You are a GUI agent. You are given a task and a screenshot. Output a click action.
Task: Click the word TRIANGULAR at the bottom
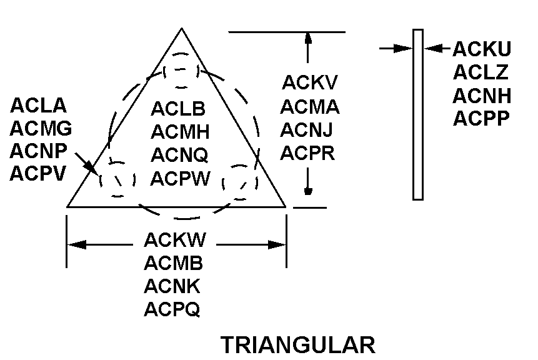coord(297,345)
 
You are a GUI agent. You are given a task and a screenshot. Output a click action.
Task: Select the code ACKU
coord(482,49)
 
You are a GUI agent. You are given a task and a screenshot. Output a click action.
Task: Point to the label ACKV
coord(309,82)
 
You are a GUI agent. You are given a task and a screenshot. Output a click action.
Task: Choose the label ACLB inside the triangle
coord(178,109)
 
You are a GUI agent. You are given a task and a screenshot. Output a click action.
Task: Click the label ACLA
coord(38,106)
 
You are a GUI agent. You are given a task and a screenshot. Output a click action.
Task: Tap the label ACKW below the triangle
coord(174,240)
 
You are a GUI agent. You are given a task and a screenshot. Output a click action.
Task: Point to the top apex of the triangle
coord(182,29)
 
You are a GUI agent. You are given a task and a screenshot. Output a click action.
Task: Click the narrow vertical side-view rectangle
coord(418,114)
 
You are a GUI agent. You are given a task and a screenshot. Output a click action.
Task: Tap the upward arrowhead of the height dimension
coord(307,38)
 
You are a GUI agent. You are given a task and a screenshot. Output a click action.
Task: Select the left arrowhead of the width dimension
coord(74,245)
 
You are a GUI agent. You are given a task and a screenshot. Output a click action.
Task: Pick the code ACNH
coord(482,96)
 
